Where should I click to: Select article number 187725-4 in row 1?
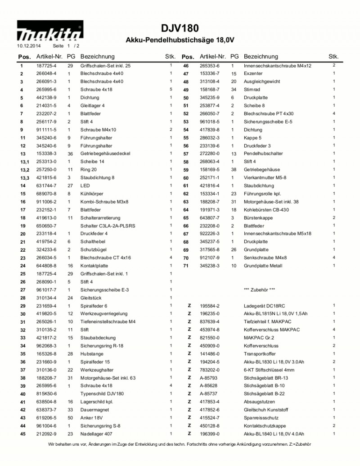coord(46,66)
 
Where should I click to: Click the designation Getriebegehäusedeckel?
coord(105,154)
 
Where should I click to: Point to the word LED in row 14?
coord(85,185)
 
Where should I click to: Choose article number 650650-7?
coord(46,226)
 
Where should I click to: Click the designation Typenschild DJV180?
coord(102,394)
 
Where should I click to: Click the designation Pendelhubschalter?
coord(263,154)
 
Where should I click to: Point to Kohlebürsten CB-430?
coord(266,210)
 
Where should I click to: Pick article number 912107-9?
coord(210,258)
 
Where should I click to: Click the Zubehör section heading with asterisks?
coord(260,290)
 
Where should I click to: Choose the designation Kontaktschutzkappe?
coord(265,426)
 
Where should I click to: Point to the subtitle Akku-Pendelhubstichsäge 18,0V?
coord(180,40)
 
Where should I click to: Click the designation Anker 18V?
coord(91,418)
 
